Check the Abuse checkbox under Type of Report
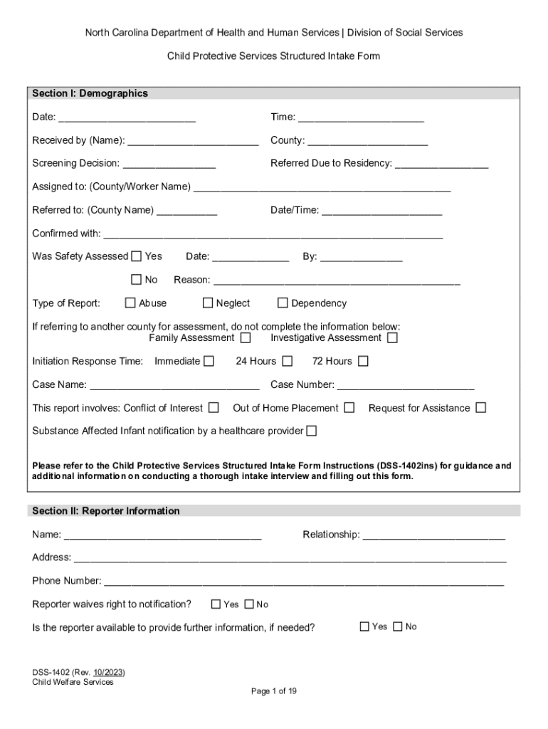click(x=130, y=303)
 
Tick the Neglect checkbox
click(x=208, y=303)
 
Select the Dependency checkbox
click(x=283, y=303)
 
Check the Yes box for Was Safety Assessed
click(x=137, y=256)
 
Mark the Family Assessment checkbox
click(x=246, y=338)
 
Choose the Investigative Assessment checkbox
click(x=392, y=338)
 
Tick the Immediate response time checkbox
click(x=209, y=361)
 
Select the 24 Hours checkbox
click(x=288, y=361)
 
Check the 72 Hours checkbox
click(x=363, y=361)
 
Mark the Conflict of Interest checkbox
click(x=214, y=408)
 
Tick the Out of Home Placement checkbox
click(x=349, y=408)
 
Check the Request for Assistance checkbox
click(x=481, y=408)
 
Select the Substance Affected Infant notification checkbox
click(x=312, y=431)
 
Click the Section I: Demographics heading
click(x=90, y=93)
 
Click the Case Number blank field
click(x=406, y=385)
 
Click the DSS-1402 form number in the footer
click(x=50, y=672)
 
